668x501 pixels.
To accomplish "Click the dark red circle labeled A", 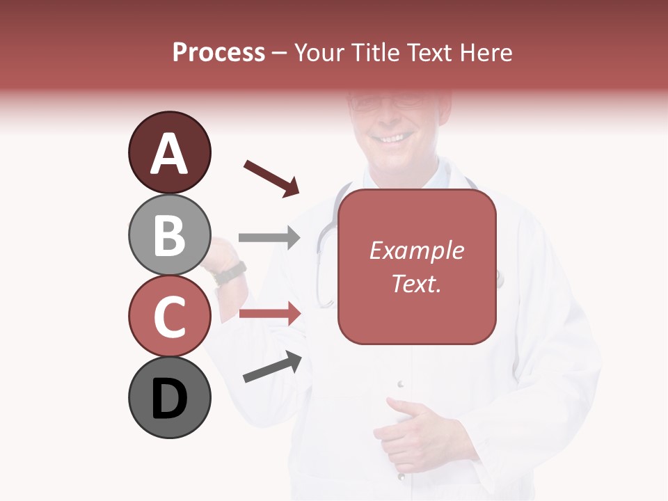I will pos(169,152).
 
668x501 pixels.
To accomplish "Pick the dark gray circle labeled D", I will pos(169,397).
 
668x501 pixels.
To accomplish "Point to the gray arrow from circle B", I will pos(269,238).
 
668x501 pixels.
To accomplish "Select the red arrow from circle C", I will pos(269,314).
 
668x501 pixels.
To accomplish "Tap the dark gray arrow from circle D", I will pos(271,367).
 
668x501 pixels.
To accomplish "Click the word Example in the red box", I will pos(416,250).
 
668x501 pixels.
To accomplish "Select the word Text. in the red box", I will pos(416,283).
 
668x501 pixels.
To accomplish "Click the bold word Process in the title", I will pos(218,52).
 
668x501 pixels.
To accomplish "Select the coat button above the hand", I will pos(400,383).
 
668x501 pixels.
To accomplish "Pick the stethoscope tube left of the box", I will pos(322,264).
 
